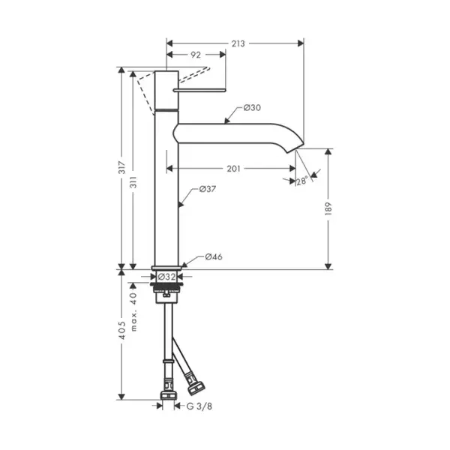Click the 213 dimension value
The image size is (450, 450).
tap(238, 43)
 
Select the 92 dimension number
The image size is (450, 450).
tap(196, 55)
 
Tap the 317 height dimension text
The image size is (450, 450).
tap(122, 167)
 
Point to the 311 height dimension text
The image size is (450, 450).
tap(133, 182)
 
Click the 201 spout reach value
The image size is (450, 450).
tap(233, 169)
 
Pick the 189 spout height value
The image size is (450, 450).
tap(328, 209)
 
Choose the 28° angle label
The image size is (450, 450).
tap(302, 181)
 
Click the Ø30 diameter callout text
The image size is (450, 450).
tap(252, 108)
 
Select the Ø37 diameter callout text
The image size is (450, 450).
tap(208, 189)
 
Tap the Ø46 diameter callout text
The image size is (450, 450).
tap(214, 256)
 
